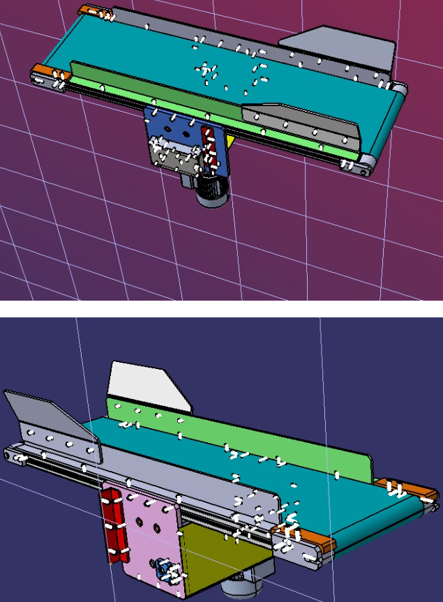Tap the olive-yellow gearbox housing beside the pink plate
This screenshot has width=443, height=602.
(223, 558)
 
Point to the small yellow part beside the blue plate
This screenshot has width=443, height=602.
(230, 140)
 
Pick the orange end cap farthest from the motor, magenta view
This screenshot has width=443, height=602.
(93, 11)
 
